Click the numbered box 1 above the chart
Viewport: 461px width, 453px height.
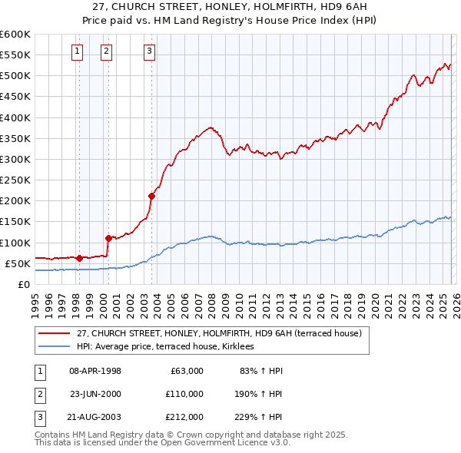pyautogui.click(x=78, y=51)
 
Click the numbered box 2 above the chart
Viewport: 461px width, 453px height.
pyautogui.click(x=106, y=51)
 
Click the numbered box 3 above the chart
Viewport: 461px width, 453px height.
pyautogui.click(x=149, y=51)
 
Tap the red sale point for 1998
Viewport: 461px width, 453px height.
pyautogui.click(x=79, y=258)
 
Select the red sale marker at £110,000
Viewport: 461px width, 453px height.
pyautogui.click(x=108, y=238)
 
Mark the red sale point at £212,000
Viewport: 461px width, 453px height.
pyautogui.click(x=151, y=196)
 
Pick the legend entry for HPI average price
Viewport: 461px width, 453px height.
pyautogui.click(x=170, y=347)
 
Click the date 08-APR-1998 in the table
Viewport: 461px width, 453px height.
pyautogui.click(x=95, y=371)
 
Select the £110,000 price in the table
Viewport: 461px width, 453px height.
pyautogui.click(x=184, y=394)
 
